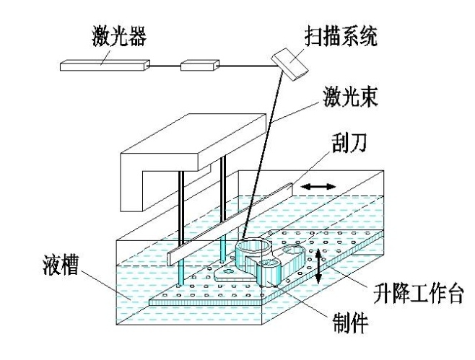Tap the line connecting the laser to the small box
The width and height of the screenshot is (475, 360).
coord(166,66)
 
